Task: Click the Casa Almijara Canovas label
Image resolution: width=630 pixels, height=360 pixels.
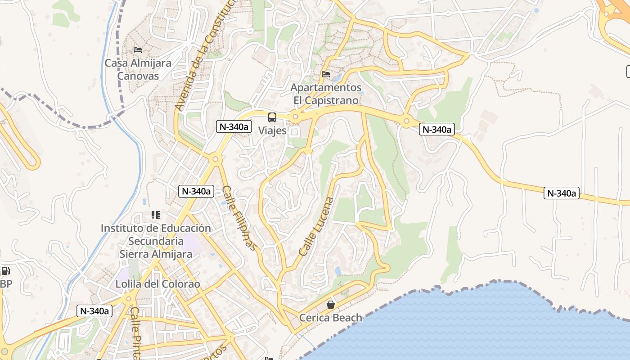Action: click(138, 69)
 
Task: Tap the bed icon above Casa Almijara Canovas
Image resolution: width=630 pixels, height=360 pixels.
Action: click(138, 49)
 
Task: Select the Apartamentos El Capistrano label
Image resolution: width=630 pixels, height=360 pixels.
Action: click(326, 94)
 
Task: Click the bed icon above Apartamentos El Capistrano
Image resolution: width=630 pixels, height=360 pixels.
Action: click(326, 74)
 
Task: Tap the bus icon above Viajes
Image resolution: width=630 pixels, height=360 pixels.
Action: click(272, 117)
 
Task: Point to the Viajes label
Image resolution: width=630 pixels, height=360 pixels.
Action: click(273, 131)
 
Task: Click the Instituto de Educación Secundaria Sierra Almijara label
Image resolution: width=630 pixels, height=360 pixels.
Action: click(156, 241)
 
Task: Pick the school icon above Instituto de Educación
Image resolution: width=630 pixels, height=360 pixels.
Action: click(156, 215)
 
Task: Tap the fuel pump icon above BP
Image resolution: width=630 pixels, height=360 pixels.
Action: click(5, 271)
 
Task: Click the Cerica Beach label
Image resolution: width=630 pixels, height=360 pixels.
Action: click(331, 318)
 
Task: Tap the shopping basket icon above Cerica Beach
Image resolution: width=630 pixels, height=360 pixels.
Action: click(331, 305)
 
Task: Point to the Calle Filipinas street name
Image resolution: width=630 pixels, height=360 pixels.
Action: click(241, 218)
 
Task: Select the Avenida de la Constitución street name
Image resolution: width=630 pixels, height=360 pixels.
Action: click(205, 56)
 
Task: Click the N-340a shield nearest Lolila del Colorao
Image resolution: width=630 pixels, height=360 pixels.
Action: click(94, 310)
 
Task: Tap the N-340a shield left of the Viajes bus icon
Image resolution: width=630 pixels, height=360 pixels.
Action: click(233, 126)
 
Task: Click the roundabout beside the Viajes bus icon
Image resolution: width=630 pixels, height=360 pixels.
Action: click(295, 117)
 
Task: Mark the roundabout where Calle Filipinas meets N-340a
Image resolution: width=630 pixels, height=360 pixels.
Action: click(216, 159)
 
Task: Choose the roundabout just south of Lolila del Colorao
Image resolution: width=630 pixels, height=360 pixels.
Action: click(129, 298)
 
